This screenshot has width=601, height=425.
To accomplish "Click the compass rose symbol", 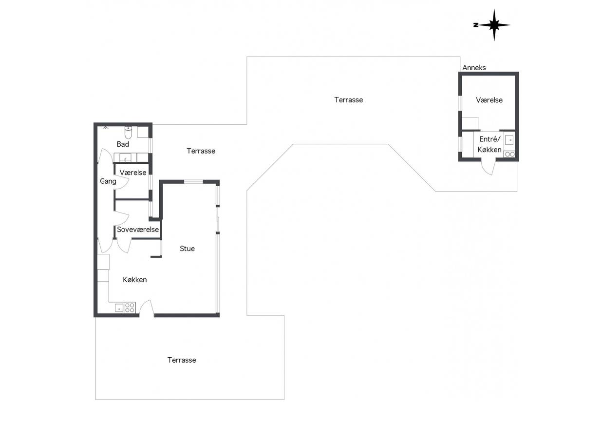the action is pos(494,25).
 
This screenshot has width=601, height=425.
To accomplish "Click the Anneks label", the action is pos(474,68).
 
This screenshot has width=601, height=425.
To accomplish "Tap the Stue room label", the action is pos(187,249).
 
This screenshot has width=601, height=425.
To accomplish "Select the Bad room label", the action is pos(123,144).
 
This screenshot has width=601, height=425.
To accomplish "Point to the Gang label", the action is pos(108,181).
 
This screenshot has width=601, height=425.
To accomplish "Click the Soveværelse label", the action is pos(138,230).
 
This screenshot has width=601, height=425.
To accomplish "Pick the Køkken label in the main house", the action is pos(135,280).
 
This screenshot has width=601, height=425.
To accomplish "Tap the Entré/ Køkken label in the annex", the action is pos(489,144).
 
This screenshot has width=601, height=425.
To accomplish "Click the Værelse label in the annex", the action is pos(489,100).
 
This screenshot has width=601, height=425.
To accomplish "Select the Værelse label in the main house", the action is pos(133,173).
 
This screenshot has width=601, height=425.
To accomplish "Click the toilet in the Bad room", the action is pos(128,132).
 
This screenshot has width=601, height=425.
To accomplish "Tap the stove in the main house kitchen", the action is pos(130,308).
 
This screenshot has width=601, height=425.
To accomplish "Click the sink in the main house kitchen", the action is pos(119,308).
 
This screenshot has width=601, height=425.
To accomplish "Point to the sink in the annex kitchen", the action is pos(509,140).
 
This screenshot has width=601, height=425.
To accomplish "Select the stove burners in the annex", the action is pos(509,154).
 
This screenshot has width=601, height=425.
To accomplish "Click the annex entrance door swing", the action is pos(488,167).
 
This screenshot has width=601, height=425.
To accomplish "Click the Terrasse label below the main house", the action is pos(182,360).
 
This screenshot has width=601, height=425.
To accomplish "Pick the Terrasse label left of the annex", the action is pos(349,100).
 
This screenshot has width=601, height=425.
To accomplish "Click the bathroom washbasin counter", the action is pos(131,157).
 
